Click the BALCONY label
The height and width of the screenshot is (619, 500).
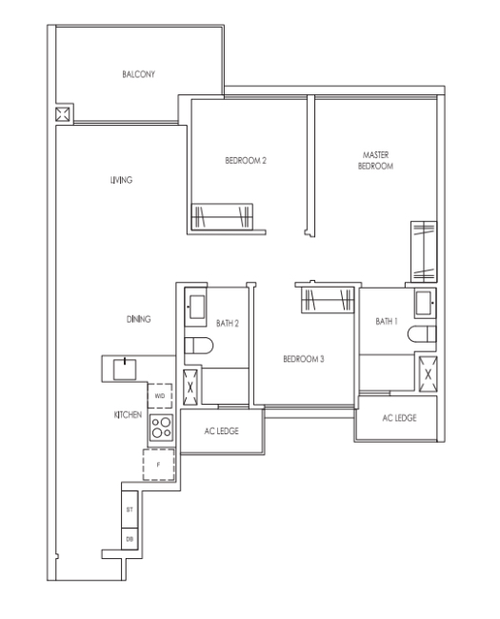click(138, 74)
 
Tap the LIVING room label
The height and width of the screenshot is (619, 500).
click(121, 180)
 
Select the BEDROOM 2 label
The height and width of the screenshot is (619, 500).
click(246, 161)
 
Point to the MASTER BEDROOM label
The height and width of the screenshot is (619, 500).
click(375, 160)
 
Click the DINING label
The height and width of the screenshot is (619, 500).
click(139, 319)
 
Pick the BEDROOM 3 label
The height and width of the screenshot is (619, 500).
click(304, 359)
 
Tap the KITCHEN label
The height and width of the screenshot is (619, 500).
click(128, 415)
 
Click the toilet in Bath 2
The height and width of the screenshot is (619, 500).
click(199, 346)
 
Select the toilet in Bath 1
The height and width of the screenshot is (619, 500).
click(422, 334)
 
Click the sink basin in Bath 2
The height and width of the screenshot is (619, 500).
click(195, 307)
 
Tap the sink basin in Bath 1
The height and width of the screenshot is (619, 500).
click(425, 303)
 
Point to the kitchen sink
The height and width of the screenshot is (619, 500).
click(125, 369)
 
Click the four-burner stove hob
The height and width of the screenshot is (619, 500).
click(162, 428)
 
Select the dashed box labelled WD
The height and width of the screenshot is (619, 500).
click(160, 396)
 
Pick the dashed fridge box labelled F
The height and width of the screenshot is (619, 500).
click(159, 465)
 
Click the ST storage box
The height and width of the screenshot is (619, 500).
click(130, 509)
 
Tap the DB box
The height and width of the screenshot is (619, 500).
click(130, 539)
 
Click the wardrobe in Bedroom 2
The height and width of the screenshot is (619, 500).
click(222, 216)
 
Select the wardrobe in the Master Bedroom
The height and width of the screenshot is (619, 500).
click(424, 251)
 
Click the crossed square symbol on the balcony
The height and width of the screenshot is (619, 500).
click(63, 114)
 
